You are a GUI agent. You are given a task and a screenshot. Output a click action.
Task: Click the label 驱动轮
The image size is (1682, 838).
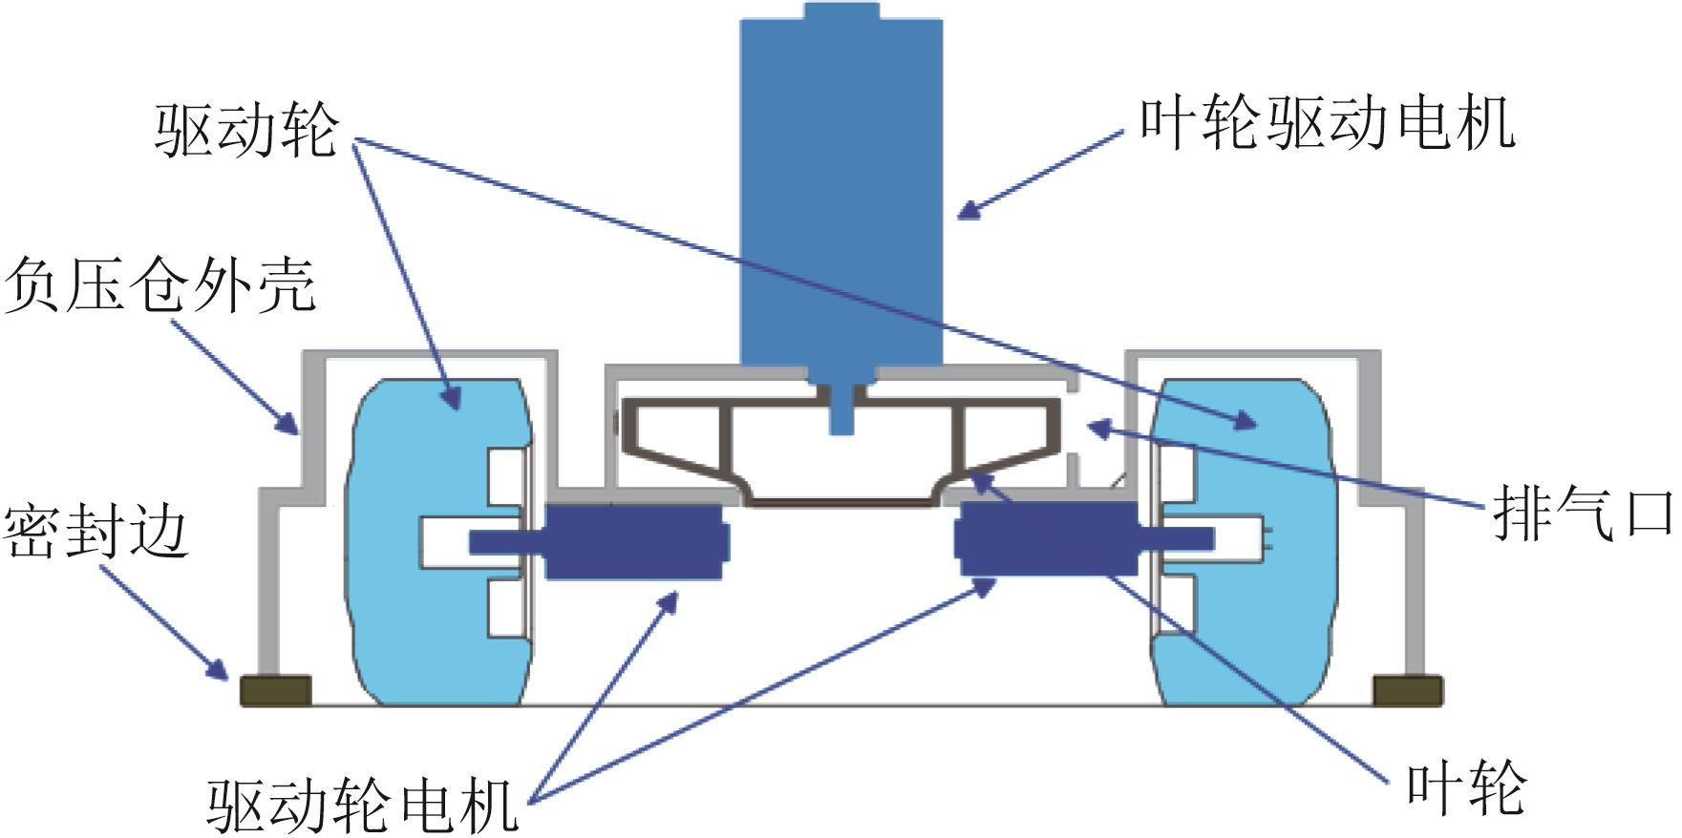pos(246,131)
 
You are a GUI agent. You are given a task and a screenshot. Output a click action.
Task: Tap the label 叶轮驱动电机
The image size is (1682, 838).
pos(1327,124)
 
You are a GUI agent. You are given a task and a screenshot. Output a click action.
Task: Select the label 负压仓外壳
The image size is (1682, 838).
pos(160,285)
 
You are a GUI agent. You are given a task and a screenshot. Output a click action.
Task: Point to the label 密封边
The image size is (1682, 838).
pos(96,532)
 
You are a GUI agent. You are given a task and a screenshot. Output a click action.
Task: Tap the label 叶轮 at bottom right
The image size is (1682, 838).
pos(1466,788)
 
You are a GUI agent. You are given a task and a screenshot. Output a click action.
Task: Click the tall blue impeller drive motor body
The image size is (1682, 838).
pos(841,191)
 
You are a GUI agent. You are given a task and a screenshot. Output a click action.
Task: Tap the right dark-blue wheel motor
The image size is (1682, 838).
pos(1047,540)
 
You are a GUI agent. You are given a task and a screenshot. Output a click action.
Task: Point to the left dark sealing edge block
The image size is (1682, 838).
pos(275,690)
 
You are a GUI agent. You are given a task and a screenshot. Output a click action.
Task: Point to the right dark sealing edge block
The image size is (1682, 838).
pos(1406,690)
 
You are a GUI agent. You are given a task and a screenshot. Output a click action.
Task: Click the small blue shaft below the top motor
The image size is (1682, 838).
pos(841,410)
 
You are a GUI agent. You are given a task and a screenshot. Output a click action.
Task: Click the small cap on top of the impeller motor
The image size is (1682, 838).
pos(841,11)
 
